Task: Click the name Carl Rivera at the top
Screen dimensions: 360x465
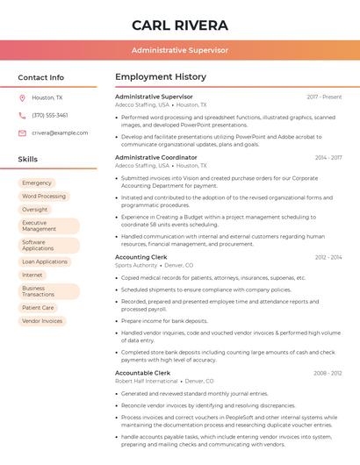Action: (180, 25)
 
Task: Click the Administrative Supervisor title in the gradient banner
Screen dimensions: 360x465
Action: (180, 50)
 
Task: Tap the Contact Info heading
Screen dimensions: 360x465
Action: (41, 77)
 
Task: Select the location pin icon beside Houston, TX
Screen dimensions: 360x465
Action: (22, 98)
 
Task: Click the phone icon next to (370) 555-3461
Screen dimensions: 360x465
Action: (22, 115)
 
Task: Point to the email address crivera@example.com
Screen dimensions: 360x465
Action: (60, 132)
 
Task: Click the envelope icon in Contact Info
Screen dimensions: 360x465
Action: (22, 132)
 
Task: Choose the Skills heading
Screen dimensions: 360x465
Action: (28, 160)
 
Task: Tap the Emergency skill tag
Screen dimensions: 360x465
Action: (37, 182)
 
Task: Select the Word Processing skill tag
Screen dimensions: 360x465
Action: (44, 197)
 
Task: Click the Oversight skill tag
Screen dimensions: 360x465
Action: (35, 210)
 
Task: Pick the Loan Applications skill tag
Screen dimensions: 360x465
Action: (45, 261)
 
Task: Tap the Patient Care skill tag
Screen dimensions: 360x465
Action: (38, 308)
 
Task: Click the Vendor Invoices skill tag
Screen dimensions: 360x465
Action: (42, 321)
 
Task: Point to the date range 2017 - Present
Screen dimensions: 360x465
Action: (324, 97)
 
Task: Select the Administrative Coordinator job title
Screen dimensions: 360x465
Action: (156, 157)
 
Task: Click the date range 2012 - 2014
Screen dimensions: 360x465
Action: (328, 258)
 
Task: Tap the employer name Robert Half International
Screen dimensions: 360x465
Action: (147, 382)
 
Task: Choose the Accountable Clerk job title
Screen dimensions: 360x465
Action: (142, 373)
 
